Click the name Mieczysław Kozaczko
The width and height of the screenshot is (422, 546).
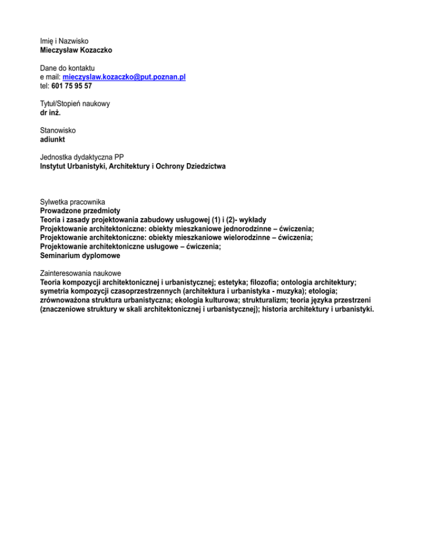click(76, 50)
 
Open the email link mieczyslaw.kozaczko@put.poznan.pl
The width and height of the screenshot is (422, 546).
click(124, 77)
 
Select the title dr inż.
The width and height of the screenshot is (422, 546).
click(51, 113)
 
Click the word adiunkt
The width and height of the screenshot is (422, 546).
click(53, 140)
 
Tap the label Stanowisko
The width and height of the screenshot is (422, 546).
click(58, 131)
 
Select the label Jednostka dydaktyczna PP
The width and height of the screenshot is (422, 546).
click(82, 157)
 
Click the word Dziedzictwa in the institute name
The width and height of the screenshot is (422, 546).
click(204, 166)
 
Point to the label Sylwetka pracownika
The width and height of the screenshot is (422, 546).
click(73, 202)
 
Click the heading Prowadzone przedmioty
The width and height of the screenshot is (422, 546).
click(80, 210)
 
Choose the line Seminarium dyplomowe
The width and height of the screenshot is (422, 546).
click(80, 255)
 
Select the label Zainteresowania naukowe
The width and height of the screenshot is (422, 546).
click(81, 273)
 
